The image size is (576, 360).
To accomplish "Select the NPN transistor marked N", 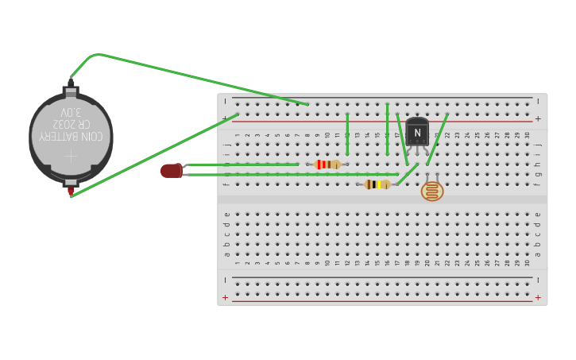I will coord(417,132).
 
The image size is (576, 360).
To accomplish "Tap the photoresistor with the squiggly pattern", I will coord(432,191).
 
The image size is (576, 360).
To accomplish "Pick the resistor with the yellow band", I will coord(377,184).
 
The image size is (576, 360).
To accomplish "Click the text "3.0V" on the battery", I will coord(71,112).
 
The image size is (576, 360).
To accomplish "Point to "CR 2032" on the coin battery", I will coord(71,124).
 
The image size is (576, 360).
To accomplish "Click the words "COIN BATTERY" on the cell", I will coord(71,136).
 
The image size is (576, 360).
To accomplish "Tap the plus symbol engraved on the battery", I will coord(71,156).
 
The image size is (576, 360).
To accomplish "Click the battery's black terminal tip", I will coord(71,82).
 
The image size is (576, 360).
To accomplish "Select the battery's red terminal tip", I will coord(71,191).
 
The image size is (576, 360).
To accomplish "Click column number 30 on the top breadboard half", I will coord(527,135).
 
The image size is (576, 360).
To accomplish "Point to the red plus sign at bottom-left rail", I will coord(225,298).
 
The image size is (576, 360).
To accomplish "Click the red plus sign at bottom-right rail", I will coord(538,298).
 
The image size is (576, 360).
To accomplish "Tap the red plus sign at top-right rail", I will coord(538,118).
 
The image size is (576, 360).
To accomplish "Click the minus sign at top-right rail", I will coord(538,101).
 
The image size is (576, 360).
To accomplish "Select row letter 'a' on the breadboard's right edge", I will coord(538,254).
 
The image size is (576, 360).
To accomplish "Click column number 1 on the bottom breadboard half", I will coord(237,263).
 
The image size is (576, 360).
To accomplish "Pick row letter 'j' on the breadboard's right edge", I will coord(538,145).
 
